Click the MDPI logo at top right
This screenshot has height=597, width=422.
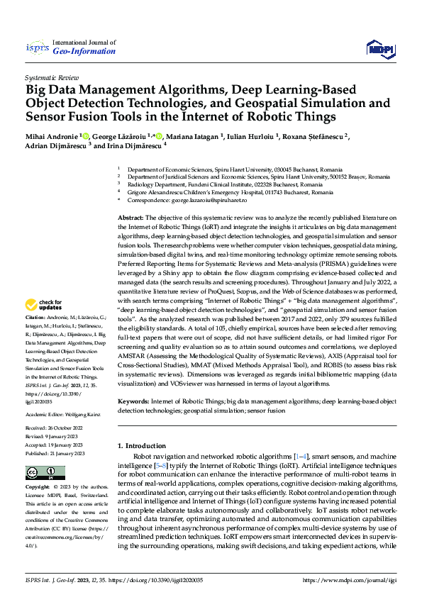click(x=380, y=48)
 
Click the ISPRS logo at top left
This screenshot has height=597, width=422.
click(x=37, y=48)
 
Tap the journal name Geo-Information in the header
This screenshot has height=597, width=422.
click(x=84, y=51)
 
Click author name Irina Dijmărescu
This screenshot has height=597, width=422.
click(x=135, y=147)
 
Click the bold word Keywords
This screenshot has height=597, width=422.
click(x=133, y=401)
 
